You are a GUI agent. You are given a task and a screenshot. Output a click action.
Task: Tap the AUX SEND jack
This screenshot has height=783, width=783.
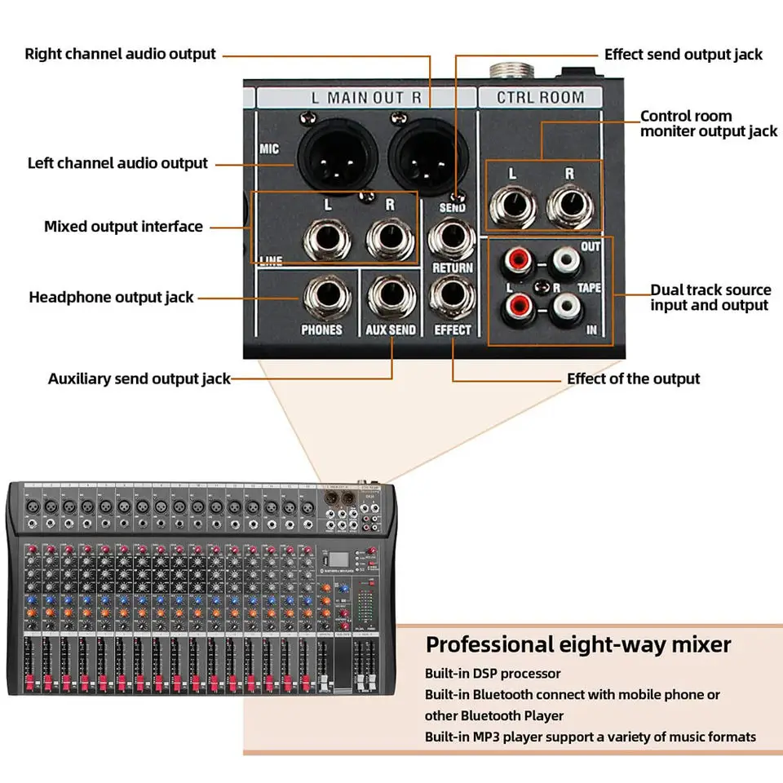(391, 299)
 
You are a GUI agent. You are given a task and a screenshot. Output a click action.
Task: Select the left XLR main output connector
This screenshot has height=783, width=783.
(335, 157)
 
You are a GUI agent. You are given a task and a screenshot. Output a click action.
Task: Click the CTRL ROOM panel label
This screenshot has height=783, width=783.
(541, 98)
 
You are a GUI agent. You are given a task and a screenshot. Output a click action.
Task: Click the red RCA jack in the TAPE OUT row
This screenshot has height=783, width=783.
(517, 261)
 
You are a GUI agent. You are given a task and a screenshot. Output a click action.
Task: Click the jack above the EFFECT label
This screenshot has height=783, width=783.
(452, 299)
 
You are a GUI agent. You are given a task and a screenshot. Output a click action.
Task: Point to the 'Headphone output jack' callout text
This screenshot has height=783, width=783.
(112, 297)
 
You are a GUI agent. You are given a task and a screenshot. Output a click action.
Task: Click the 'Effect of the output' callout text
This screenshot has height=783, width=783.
(633, 378)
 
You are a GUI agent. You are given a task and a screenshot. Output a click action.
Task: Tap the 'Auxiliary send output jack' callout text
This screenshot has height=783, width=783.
(139, 378)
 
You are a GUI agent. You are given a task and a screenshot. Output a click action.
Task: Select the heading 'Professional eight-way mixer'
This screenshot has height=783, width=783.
(578, 644)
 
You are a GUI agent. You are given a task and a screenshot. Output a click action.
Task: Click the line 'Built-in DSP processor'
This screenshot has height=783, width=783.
(493, 674)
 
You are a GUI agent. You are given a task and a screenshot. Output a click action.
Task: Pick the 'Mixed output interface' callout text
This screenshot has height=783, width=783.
(123, 226)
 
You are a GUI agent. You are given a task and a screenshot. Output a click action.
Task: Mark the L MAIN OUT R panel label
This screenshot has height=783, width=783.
(366, 98)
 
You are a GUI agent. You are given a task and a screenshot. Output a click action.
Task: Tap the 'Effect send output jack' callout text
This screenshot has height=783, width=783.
(683, 55)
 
